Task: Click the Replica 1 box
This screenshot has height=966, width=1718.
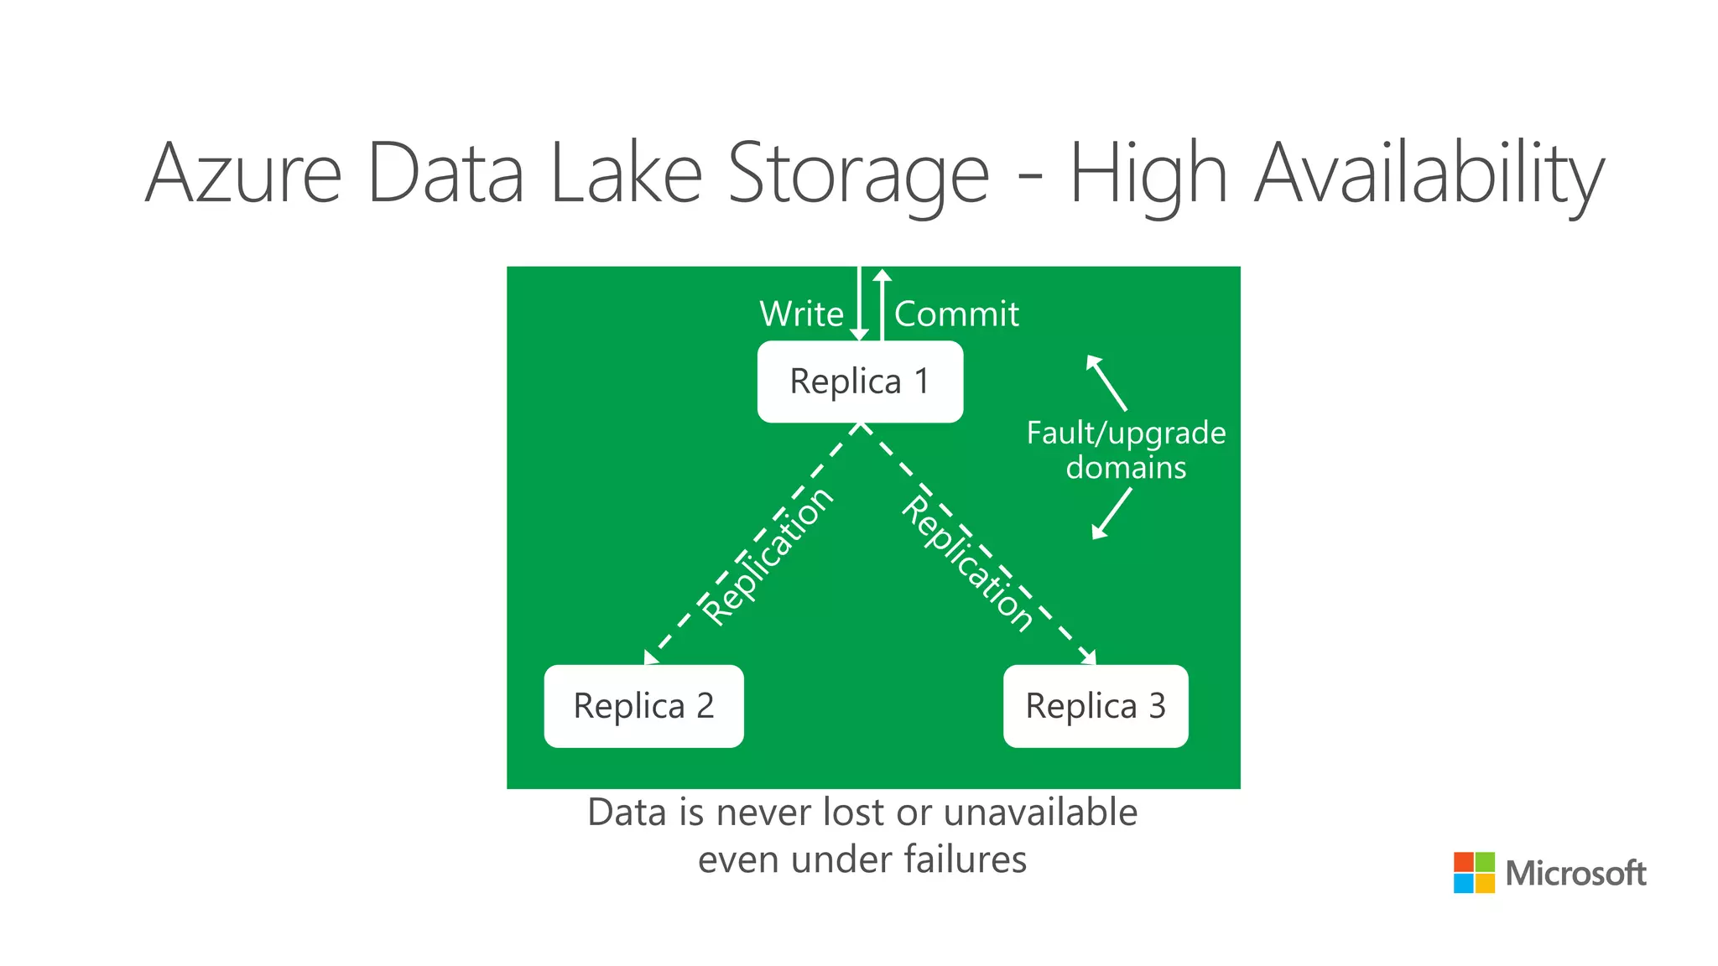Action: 860,382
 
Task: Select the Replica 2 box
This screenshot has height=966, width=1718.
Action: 643,706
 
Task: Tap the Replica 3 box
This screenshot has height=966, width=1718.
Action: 1096,706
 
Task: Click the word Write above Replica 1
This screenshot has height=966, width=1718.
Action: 801,314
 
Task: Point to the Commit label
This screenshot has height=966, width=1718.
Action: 956,314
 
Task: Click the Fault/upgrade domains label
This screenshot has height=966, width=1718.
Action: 1126,450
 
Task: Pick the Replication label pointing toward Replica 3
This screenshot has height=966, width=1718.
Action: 967,563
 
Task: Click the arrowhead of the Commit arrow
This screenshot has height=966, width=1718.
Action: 882,276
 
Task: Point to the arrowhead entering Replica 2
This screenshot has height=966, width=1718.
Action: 650,657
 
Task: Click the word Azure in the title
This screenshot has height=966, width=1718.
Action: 243,174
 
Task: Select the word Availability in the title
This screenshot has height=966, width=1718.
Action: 1429,174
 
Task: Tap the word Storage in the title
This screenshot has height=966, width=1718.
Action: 858,174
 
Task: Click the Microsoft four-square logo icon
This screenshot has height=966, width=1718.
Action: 1474,873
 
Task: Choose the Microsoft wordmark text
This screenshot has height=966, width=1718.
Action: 1575,874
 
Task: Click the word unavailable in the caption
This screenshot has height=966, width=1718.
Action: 1040,813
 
